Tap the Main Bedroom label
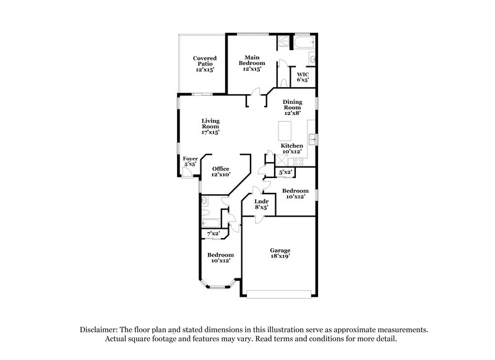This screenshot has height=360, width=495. click(252, 63)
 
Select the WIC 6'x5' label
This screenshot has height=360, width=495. click(303, 77)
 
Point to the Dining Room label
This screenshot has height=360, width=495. click(292, 107)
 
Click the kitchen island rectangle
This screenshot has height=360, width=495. click(286, 131)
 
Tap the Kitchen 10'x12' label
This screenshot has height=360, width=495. click(292, 148)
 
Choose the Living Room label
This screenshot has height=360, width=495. click(210, 126)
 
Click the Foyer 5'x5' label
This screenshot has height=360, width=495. click(190, 162)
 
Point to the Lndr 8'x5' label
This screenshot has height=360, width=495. click(261, 204)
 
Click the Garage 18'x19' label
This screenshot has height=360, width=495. click(280, 253)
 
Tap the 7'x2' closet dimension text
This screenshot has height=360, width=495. click(213, 233)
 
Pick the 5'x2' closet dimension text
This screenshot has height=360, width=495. click(286, 172)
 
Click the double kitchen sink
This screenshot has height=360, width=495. click(311, 139)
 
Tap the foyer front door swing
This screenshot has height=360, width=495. click(188, 174)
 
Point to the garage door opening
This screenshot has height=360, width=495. click(280, 292)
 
